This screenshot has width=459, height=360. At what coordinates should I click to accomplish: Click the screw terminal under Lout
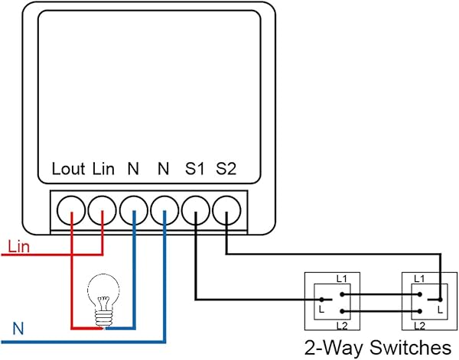[x=70, y=207]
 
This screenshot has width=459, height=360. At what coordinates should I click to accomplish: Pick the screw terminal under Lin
[x=102, y=207]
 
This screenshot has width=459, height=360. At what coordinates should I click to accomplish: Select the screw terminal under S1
[x=196, y=207]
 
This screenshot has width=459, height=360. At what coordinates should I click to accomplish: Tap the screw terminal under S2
[x=227, y=207]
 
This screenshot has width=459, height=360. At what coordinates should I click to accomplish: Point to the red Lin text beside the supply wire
[x=18, y=247]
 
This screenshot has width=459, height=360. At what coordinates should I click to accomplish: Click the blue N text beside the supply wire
[x=18, y=329]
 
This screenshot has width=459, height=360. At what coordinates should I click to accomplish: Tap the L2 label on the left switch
[x=342, y=326]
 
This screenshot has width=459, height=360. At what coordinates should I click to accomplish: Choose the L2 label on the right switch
[x=418, y=326]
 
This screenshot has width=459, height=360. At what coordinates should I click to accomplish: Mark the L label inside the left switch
[x=322, y=310]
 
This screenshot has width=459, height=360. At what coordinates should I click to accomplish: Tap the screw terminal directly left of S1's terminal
[x=164, y=207]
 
